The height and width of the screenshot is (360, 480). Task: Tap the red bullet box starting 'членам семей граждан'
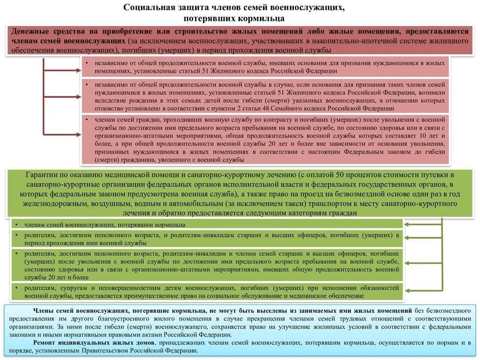coord(265,140)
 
